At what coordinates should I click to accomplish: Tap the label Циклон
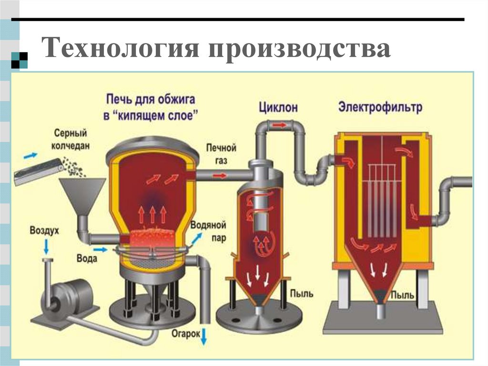tap(278, 107)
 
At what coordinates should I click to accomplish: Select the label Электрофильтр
tap(380, 106)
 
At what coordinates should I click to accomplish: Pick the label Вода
tap(87, 258)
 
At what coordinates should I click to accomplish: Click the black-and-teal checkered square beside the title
tap(19, 59)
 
